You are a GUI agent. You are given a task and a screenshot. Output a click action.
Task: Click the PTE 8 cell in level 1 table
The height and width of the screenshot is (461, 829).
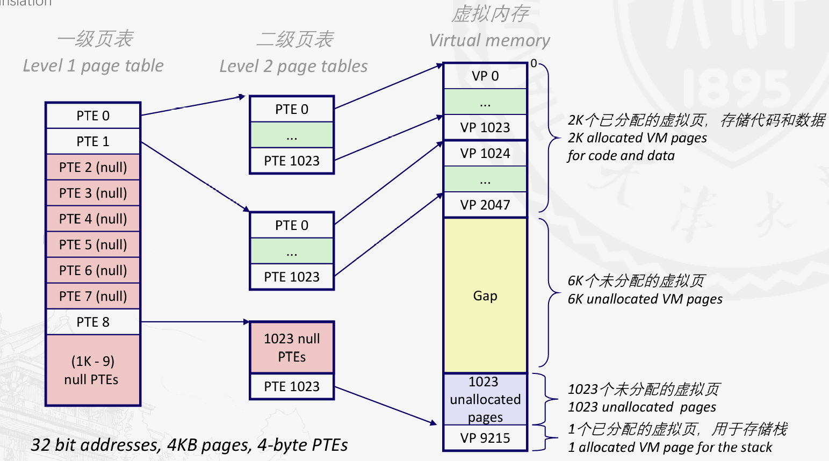[x=93, y=322]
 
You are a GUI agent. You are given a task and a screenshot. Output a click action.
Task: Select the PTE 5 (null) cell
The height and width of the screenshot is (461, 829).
[x=93, y=244]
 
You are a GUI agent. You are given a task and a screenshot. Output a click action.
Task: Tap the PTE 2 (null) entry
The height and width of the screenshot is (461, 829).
[x=93, y=167]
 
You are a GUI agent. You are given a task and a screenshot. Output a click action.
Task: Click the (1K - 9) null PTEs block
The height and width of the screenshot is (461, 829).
[x=93, y=370]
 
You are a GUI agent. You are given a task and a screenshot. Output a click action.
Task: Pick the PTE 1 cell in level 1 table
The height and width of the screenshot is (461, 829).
[x=93, y=141]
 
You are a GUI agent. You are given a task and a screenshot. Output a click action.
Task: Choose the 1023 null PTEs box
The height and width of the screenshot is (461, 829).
[x=292, y=348]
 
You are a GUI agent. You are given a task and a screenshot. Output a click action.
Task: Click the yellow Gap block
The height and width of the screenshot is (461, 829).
[x=485, y=296]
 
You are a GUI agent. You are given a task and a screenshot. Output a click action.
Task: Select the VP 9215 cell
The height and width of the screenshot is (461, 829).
[x=485, y=438]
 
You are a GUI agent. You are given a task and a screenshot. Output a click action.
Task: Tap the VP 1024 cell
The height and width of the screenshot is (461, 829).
[x=485, y=154]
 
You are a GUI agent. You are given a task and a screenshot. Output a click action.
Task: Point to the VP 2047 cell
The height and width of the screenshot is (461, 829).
[x=485, y=205]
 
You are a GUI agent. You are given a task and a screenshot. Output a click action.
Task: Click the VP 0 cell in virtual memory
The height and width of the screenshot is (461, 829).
[x=485, y=76]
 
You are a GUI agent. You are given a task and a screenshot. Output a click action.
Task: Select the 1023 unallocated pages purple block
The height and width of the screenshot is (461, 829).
[x=485, y=399]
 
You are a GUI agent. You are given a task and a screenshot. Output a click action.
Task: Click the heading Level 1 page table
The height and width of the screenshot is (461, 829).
[x=93, y=66]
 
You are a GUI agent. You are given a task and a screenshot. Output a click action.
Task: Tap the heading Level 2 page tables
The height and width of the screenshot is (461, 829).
[x=293, y=66]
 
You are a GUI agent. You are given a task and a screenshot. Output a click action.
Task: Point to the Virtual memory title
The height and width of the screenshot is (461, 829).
[x=489, y=40]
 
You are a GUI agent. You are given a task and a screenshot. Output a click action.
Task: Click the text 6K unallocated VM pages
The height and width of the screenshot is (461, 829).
[x=645, y=299]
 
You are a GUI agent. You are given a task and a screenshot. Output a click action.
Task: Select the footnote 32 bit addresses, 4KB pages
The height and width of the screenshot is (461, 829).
[x=189, y=445]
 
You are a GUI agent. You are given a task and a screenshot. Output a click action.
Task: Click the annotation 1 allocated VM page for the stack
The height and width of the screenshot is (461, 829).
[x=670, y=447]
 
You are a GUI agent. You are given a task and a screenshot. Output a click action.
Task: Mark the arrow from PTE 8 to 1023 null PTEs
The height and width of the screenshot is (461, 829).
[x=194, y=322]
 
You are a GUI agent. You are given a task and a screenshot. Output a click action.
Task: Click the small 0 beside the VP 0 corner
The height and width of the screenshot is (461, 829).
[x=534, y=63]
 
